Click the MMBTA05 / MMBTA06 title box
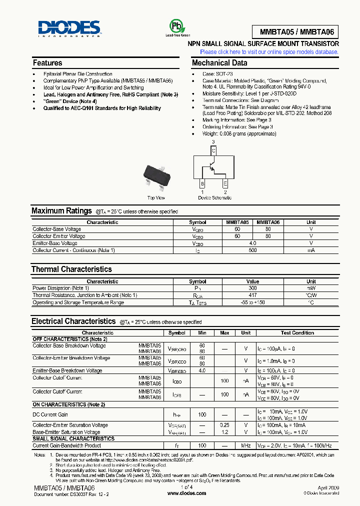point(299,32)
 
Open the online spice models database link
point(269,51)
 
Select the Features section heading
point(47,63)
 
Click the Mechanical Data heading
point(219,63)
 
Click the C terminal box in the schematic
point(213,150)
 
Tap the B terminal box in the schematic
point(202,183)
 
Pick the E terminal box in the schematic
point(225,183)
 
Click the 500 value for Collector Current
point(253,250)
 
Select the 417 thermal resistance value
point(253,295)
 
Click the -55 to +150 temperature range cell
point(253,302)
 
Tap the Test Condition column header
point(297,332)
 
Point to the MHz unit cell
point(246,445)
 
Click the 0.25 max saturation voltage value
point(224,425)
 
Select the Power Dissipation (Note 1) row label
point(60,288)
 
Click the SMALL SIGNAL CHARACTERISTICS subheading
point(73,438)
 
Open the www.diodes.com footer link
point(186,493)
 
